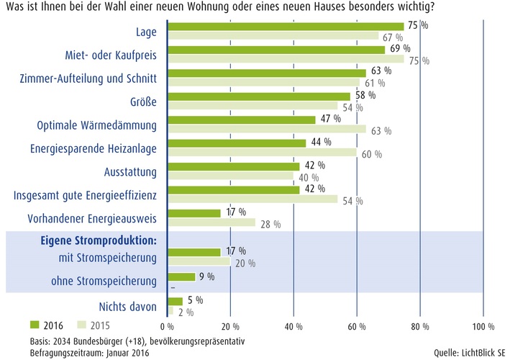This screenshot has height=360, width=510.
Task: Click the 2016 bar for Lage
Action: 285,27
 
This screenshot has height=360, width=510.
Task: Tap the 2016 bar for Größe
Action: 259,96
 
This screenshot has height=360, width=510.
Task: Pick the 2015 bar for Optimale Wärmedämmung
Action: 266,130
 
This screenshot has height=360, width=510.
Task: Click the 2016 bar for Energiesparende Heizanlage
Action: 237,143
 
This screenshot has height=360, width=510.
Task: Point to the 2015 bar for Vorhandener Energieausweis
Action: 211,223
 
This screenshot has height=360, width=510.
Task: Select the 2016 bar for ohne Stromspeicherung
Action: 181,276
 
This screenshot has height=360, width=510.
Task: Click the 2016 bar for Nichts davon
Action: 175,302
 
